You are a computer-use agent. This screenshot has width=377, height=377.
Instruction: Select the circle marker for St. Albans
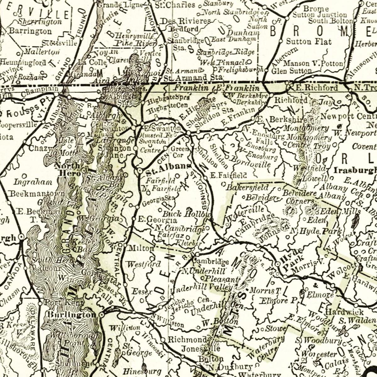[139, 170]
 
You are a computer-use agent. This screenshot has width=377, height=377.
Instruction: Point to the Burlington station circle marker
[101, 314]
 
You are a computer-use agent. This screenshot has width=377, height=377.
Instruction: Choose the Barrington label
[30, 31]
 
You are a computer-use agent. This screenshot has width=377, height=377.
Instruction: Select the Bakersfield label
[248, 188]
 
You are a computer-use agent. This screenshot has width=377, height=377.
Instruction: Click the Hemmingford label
[23, 62]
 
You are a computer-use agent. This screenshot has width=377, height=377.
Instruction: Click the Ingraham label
[33, 182]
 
